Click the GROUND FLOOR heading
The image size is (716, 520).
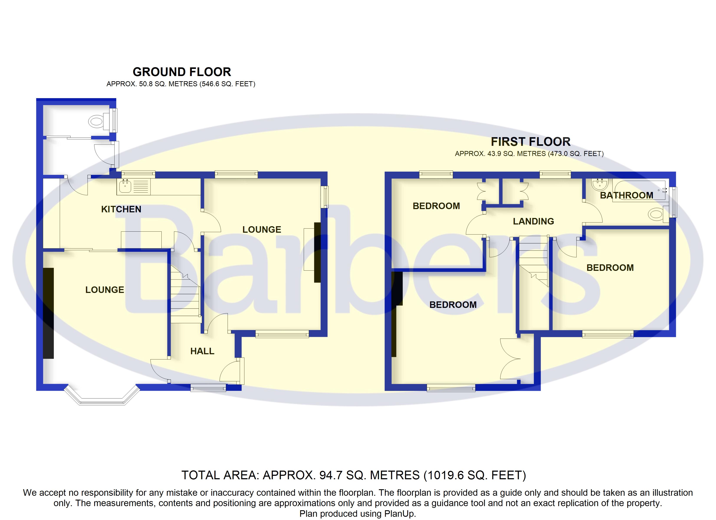[x=182, y=72]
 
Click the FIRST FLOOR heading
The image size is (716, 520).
[x=531, y=142]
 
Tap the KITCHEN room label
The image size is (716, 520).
[x=121, y=209]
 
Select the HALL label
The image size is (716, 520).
[x=202, y=351]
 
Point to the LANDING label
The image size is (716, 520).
[x=534, y=221]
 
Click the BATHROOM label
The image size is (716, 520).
[x=627, y=195]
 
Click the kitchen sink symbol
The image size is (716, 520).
[x=125, y=186]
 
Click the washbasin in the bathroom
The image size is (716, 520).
[x=599, y=184]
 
